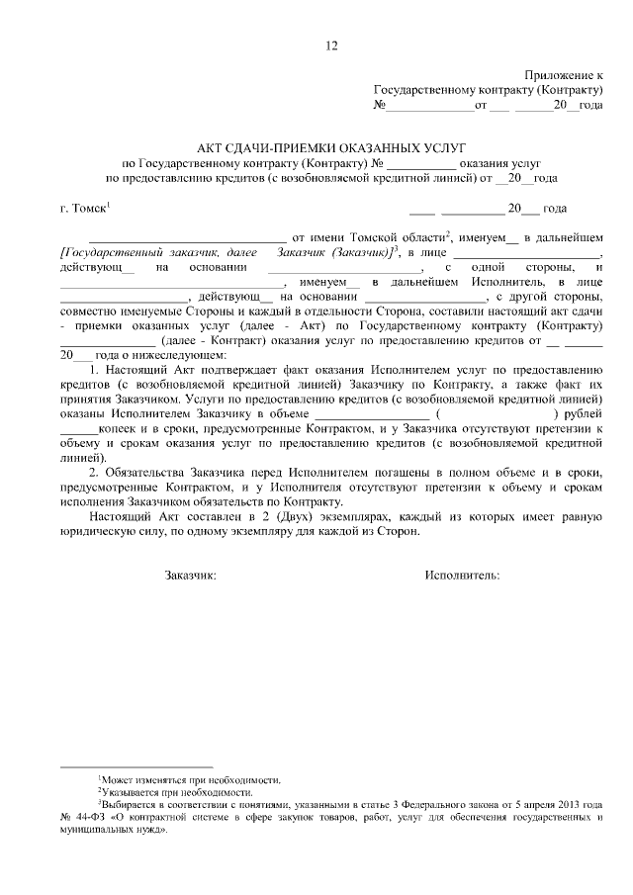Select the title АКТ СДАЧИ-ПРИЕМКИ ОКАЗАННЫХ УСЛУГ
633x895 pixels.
point(330,142)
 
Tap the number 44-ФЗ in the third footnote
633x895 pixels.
point(89,818)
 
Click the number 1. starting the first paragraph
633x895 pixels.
point(95,369)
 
